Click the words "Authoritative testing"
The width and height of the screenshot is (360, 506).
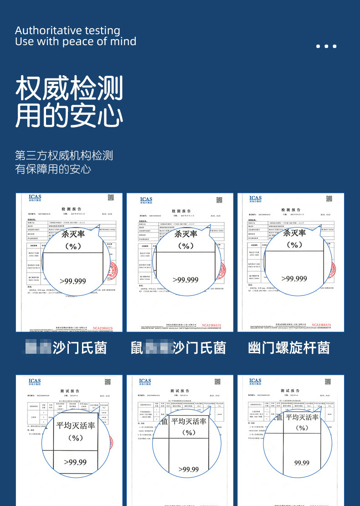point(67,31)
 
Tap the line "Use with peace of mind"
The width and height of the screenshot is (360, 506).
point(76,41)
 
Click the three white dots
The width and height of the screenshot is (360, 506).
point(326,46)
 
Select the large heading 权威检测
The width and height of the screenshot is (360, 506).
point(69,88)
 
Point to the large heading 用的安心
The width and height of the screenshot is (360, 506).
point(69,115)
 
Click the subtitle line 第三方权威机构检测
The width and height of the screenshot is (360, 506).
point(64,155)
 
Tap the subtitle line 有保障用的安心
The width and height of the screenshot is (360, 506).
point(53,169)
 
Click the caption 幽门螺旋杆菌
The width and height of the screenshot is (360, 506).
point(289,348)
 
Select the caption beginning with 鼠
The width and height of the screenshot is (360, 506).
point(178,348)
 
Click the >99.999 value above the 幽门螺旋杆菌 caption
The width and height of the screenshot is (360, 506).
point(294,278)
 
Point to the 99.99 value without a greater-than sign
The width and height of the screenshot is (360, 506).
point(302,463)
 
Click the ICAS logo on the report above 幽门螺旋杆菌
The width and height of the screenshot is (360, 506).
point(256,199)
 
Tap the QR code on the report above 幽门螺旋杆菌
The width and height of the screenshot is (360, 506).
point(329,198)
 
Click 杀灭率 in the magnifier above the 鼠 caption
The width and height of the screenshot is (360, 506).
point(185,234)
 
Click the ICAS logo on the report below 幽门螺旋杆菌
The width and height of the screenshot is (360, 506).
point(255,381)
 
